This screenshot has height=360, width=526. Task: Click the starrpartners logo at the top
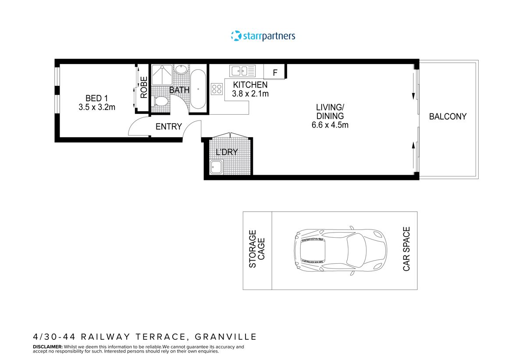263,36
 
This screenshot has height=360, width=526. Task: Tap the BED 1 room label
96,98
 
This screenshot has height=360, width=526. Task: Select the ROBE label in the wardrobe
144,87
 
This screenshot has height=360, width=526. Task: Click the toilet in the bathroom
161,102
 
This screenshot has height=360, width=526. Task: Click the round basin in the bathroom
181,70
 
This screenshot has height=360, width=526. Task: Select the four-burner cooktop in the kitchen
217,89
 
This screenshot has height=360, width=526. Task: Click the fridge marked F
275,72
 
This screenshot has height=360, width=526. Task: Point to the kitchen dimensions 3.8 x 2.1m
250,93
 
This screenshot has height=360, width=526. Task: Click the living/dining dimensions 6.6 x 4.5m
330,125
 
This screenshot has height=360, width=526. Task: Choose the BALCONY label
448,116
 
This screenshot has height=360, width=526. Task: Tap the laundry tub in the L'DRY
216,167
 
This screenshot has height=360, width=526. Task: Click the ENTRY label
169,127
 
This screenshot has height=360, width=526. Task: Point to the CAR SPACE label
406,249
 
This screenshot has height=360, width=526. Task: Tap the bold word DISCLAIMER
48,346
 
